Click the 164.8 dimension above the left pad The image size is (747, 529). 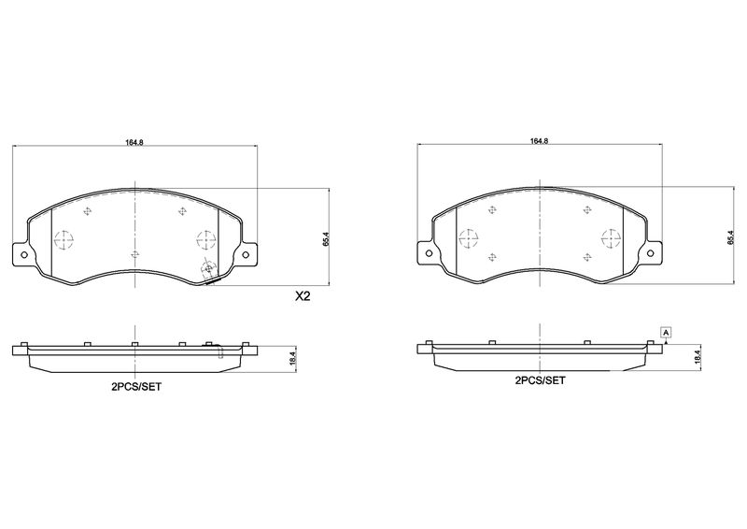pos(134,142)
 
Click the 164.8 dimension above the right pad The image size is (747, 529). pos(539,141)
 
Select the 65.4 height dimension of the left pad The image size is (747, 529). pos(326,237)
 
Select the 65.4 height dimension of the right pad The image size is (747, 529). pos(730,237)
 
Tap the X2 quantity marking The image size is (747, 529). pos(303,296)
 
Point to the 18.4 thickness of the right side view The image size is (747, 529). pos(698,358)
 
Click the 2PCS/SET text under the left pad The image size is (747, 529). pos(136,387)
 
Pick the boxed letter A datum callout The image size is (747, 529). pos(666,332)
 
